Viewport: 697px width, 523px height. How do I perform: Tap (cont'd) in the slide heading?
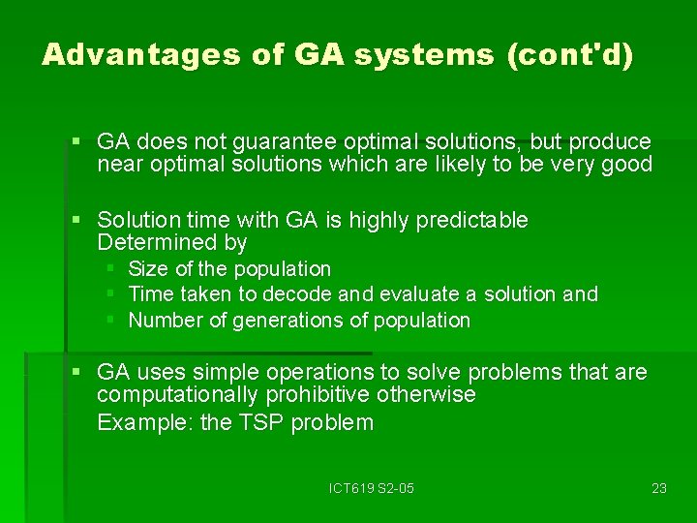click(570, 55)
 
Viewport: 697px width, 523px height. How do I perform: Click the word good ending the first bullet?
click(626, 165)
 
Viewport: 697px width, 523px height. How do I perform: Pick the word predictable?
click(471, 220)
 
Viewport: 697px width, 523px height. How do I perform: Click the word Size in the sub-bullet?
click(147, 268)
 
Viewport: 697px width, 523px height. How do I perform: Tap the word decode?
click(314, 293)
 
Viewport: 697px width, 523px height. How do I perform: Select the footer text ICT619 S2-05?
click(371, 488)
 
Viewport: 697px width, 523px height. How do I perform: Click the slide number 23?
click(659, 488)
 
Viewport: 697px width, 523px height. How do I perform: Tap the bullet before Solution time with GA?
click(76, 221)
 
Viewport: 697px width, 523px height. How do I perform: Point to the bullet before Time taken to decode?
click(111, 293)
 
